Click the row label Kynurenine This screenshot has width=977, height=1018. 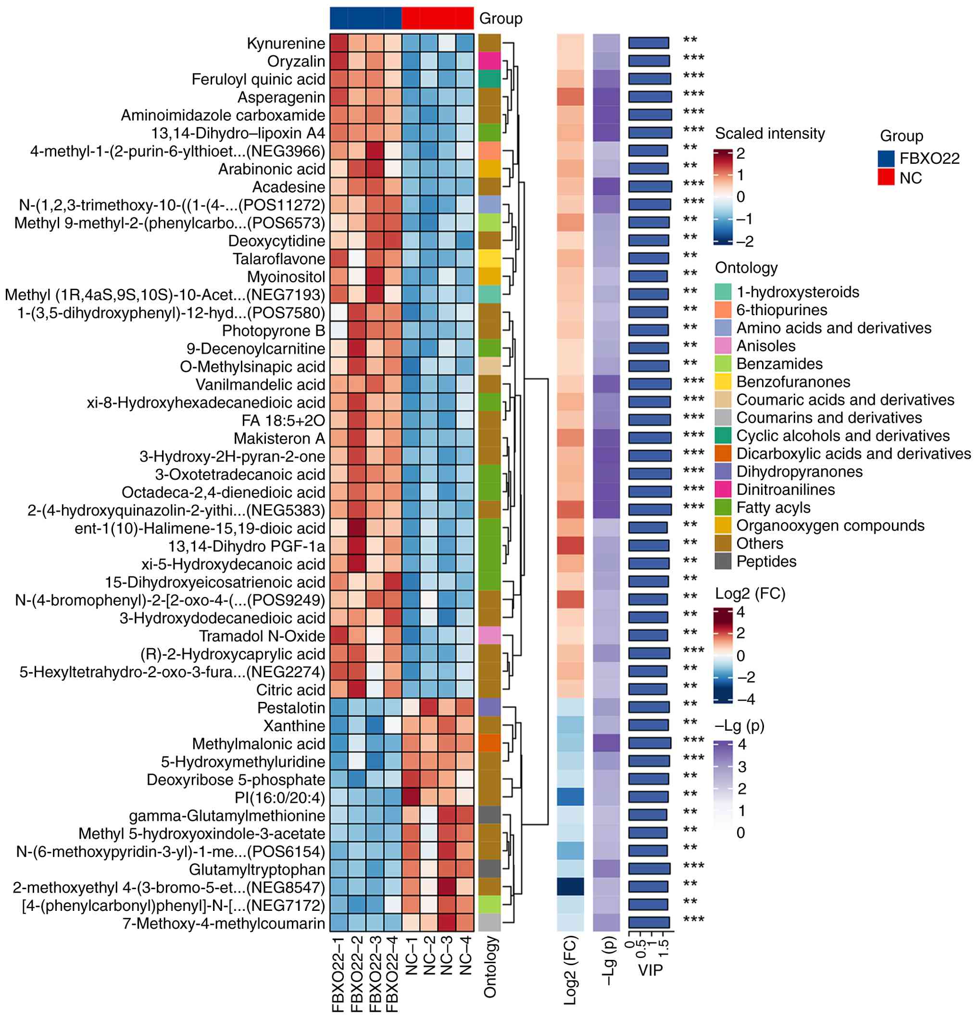(x=286, y=43)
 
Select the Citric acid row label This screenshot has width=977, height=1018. (x=290, y=690)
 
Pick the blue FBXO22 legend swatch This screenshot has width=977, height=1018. (x=886, y=158)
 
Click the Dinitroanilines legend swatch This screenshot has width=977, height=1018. (x=723, y=489)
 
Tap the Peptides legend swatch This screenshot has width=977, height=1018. (x=723, y=561)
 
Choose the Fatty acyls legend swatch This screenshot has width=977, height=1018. (x=723, y=507)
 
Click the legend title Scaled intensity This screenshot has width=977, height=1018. (x=770, y=134)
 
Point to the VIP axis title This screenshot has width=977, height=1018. (x=650, y=970)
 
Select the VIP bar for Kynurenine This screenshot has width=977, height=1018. (x=648, y=43)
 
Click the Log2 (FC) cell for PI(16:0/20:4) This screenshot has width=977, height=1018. (x=570, y=797)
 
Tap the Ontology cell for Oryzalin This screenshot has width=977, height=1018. (x=489, y=61)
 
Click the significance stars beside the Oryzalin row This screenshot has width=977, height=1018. (x=693, y=58)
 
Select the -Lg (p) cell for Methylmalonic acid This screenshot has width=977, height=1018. (x=606, y=743)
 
